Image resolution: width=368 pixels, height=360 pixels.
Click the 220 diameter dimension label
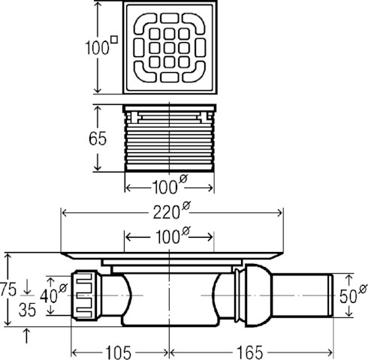pos(172,211)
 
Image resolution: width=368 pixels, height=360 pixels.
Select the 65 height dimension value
pos(98,138)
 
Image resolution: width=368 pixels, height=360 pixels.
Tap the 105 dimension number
pos(118,352)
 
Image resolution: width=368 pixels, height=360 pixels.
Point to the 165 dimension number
pos(250,352)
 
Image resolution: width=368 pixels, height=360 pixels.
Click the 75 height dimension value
pos(8,289)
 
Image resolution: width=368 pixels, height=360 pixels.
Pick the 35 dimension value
pos(27,310)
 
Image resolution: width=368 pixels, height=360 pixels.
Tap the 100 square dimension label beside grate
pos(101,46)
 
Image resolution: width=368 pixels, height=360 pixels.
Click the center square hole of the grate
pos(170,48)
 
